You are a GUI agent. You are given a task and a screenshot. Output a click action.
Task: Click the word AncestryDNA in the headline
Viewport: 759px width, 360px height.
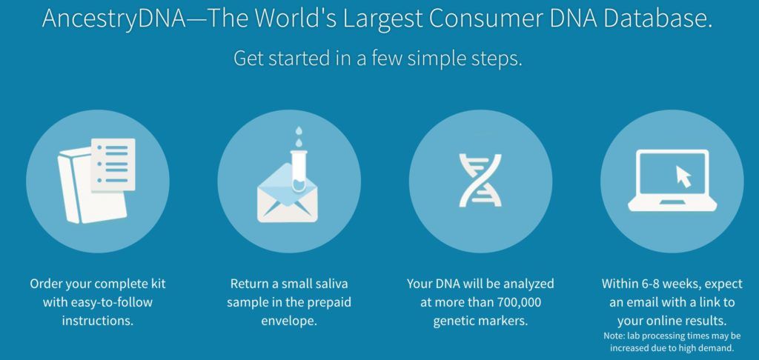click(115, 18)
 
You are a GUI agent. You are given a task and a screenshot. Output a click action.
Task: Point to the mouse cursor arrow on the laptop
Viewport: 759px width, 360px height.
click(683, 176)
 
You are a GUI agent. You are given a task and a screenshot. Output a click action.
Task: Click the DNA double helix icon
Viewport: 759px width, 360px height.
click(480, 180)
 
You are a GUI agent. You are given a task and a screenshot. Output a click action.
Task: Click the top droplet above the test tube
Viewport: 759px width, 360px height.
click(299, 130)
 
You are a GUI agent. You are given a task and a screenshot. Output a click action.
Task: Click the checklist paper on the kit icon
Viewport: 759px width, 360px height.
click(113, 164)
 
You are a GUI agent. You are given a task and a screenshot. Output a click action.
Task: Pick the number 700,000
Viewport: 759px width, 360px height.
click(518, 303)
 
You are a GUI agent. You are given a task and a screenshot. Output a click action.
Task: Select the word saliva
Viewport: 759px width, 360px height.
click(331, 284)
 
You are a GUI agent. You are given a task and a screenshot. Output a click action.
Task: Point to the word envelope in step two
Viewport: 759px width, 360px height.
click(288, 321)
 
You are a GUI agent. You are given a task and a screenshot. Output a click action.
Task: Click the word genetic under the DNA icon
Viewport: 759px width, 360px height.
click(453, 321)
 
